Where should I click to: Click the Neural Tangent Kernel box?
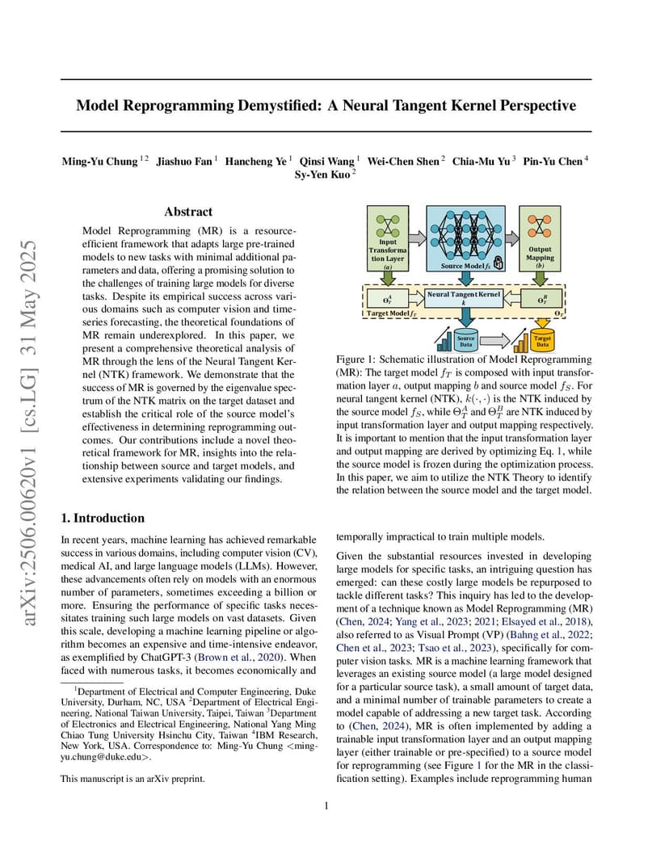click(x=465, y=298)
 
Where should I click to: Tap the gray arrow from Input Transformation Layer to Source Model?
click(x=415, y=237)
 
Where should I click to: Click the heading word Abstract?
click(x=188, y=212)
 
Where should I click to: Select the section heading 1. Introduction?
click(x=103, y=518)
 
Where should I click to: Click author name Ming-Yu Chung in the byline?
click(x=99, y=162)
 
